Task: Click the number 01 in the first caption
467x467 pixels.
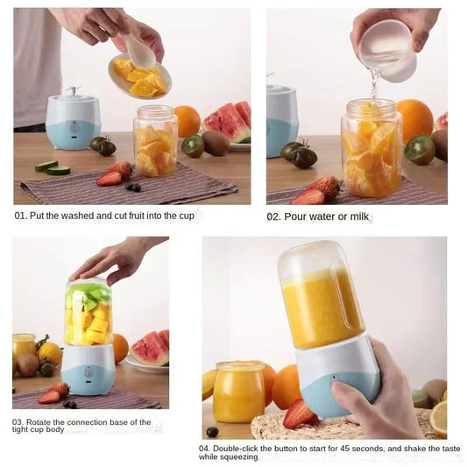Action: tap(20, 215)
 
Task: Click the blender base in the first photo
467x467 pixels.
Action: tap(73, 122)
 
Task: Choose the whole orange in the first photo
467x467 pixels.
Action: tap(186, 121)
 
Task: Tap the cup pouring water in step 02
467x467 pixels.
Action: tap(386, 51)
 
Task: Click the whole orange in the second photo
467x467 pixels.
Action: tap(414, 119)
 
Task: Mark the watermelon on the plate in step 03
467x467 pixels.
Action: tap(151, 348)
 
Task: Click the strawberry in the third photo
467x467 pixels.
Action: tap(54, 393)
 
